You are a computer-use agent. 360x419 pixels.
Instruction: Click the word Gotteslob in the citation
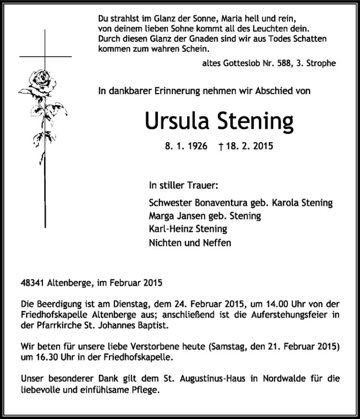(x=240, y=63)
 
